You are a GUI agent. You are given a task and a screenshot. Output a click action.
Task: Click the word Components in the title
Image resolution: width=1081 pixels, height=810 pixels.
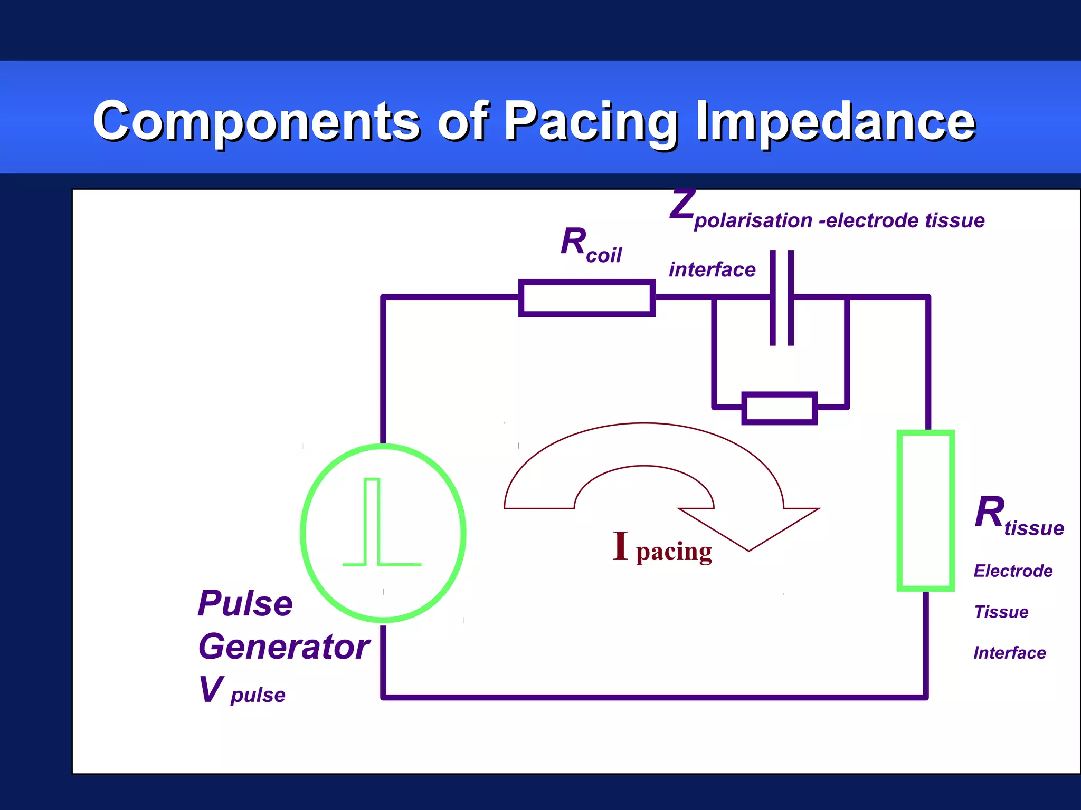click(x=257, y=121)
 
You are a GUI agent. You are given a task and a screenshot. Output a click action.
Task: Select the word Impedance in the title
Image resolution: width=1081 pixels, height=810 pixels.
click(x=836, y=121)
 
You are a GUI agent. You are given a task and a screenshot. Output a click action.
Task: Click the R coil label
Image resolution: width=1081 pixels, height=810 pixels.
click(x=591, y=245)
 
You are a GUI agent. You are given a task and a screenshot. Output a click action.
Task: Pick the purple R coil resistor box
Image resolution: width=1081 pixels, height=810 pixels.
click(x=586, y=298)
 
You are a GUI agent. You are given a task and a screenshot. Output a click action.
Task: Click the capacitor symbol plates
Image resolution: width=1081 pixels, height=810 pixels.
click(x=781, y=298)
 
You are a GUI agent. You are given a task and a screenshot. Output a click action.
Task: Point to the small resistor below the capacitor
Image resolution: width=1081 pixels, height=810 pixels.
click(x=779, y=408)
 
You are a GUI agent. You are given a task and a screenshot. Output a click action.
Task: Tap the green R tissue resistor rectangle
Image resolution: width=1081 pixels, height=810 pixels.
click(x=926, y=510)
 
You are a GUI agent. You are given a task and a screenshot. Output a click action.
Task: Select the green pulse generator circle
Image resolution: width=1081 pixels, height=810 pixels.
click(x=383, y=533)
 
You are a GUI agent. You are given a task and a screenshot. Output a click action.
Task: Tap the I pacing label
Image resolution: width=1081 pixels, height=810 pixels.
click(x=662, y=548)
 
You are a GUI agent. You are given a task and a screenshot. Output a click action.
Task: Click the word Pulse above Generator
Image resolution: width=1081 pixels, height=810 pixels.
click(x=245, y=603)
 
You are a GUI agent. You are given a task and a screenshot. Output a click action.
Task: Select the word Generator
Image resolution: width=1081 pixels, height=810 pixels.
click(x=284, y=647)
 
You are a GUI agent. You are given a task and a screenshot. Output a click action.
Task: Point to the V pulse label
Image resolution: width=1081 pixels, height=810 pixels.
click(x=242, y=691)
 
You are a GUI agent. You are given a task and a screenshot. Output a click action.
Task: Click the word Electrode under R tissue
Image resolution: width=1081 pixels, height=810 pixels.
click(x=1013, y=571)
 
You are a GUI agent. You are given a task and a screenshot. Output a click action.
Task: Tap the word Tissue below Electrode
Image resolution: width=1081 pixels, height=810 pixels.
click(x=1001, y=612)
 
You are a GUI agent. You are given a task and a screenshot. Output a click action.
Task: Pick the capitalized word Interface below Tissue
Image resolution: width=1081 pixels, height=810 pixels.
click(x=1009, y=653)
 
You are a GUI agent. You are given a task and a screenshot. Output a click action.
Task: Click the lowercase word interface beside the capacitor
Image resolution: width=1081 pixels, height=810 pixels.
click(x=712, y=270)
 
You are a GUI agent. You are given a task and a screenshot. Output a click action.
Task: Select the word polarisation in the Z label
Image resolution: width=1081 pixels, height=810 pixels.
click(x=753, y=221)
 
